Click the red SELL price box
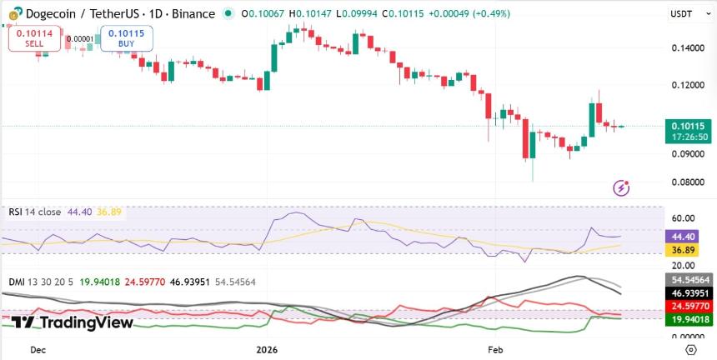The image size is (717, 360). [29, 37]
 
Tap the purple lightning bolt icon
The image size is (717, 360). [621, 187]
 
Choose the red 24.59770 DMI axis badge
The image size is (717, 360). [689, 307]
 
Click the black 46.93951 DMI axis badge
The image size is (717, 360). [689, 293]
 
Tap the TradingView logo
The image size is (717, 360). [73, 322]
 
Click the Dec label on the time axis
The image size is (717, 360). [38, 351]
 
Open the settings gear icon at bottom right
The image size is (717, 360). [689, 349]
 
